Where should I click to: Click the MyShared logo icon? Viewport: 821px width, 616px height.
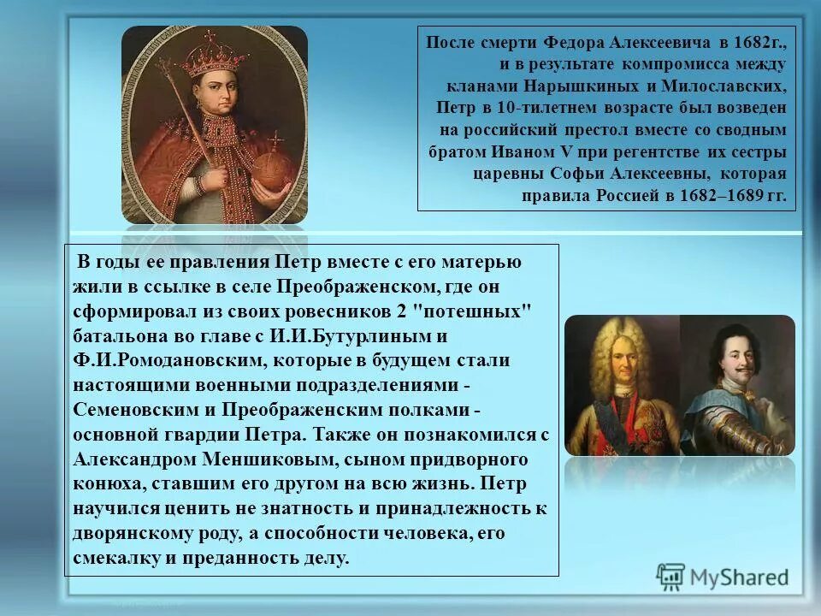[x=671, y=577]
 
